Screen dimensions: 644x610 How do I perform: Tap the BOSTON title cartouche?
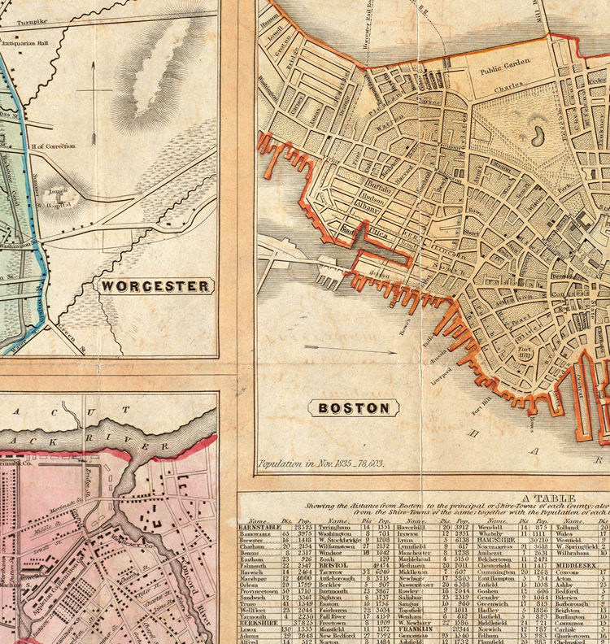(x=342, y=409)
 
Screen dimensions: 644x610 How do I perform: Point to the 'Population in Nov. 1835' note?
(x=320, y=465)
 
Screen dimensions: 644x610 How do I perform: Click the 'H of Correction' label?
(x=53, y=146)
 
